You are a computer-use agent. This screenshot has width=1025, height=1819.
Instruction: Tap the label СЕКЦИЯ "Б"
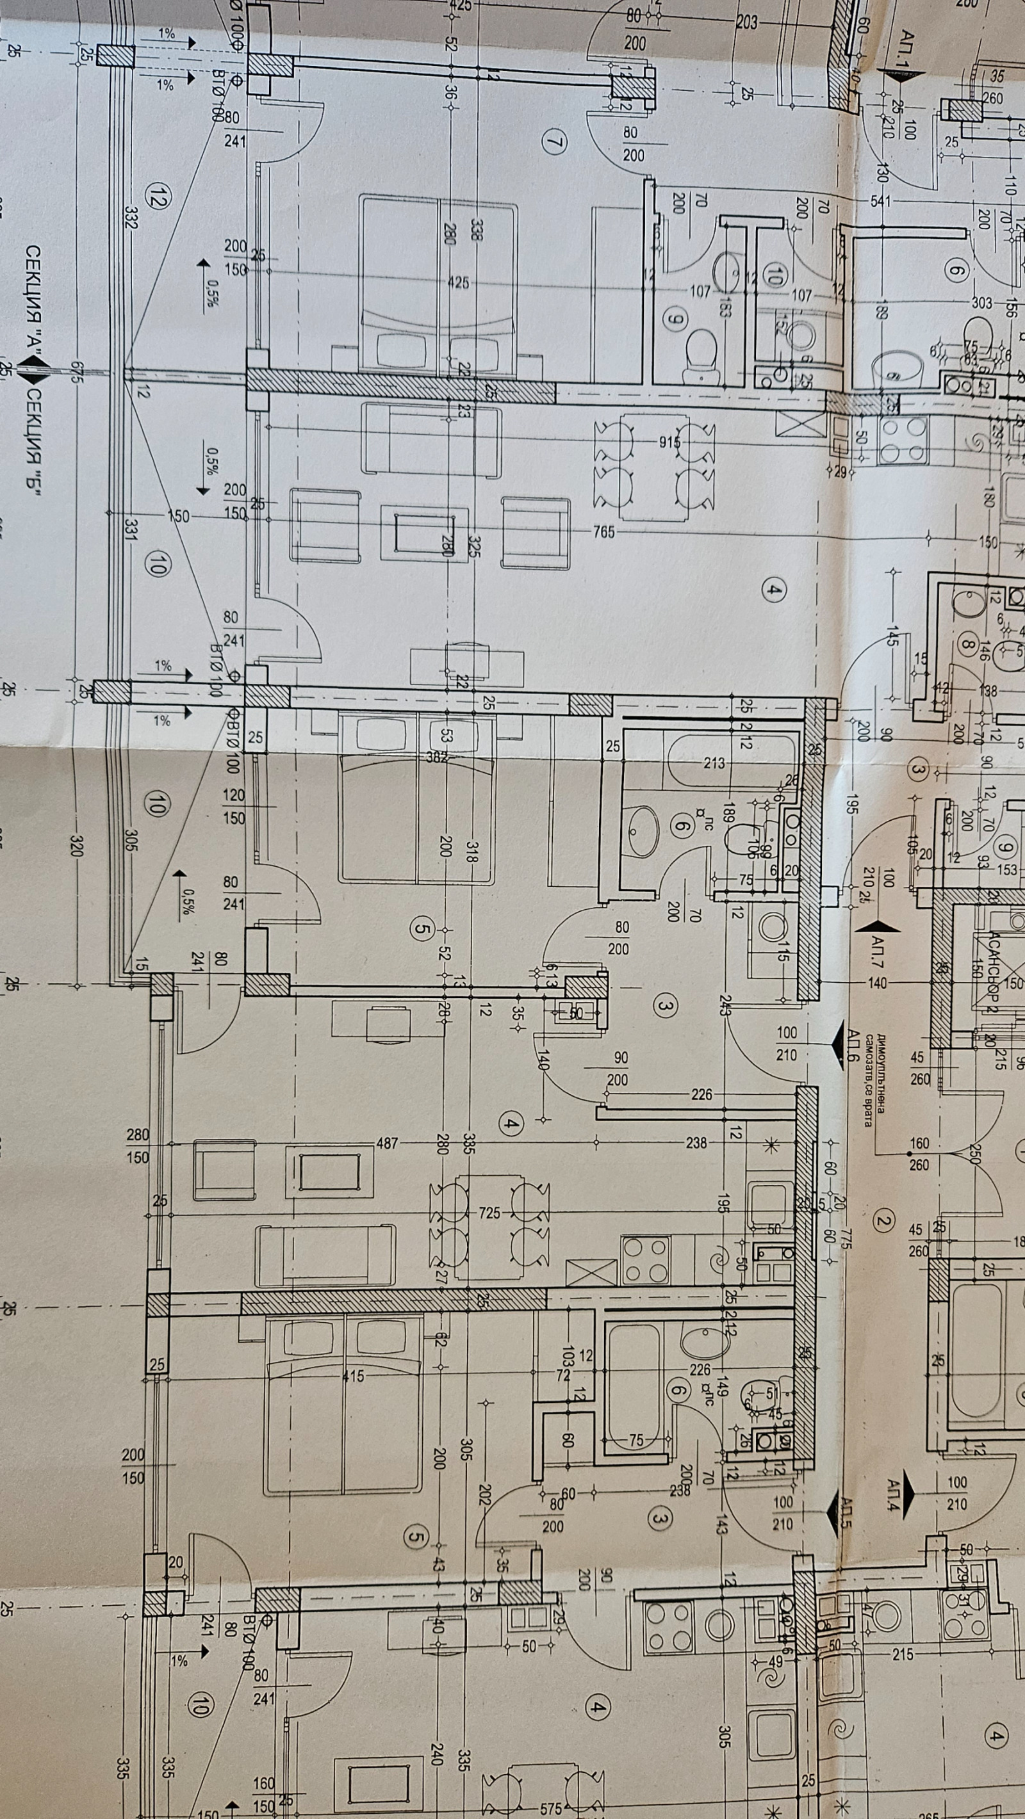pos(33,441)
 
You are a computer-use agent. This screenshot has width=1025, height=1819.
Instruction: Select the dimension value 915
pos(669,443)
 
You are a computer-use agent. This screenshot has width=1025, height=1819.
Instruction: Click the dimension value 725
pos(489,1213)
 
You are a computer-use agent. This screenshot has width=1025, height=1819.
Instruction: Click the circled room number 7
pos(555,142)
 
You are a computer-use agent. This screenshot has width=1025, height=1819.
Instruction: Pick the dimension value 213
pos(714,763)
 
